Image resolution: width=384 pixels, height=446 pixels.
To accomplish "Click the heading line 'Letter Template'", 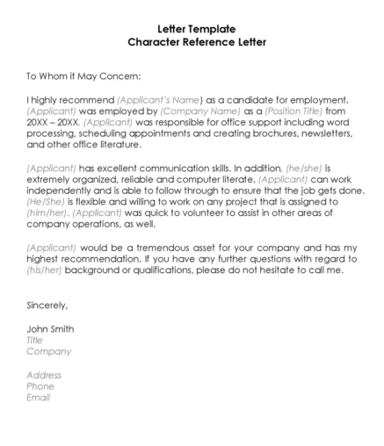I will (x=192, y=28).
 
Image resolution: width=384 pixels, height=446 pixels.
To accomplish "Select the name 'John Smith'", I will (x=50, y=328).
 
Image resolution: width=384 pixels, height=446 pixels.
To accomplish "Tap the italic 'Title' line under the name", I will (x=35, y=339).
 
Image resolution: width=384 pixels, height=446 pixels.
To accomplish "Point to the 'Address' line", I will (x=44, y=374).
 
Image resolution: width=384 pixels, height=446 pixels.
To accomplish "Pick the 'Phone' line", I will (x=40, y=385).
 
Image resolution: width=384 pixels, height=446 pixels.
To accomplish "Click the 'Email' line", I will (x=39, y=397).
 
